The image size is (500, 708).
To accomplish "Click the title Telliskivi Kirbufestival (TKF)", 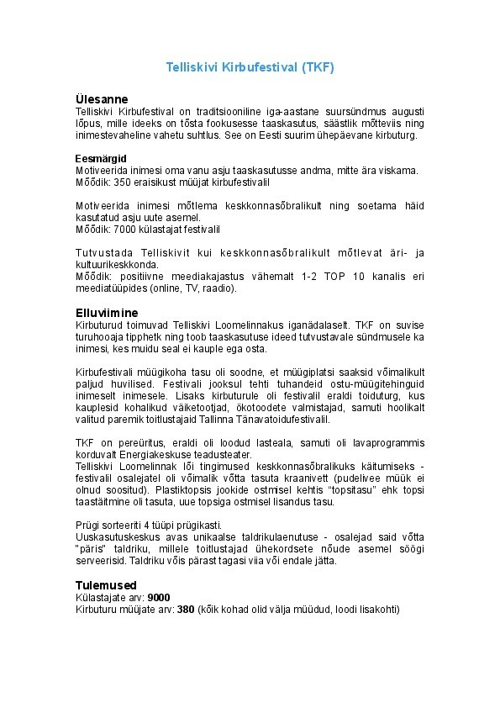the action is [x=250, y=68].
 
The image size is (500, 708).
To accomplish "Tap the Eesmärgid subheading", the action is [x=101, y=158].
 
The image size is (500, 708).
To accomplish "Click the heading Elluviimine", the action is [x=107, y=312].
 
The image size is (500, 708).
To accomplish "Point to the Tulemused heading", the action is [x=106, y=585].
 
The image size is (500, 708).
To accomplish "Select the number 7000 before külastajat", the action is [x=124, y=229].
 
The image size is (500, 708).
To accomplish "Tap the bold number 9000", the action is [x=159, y=598].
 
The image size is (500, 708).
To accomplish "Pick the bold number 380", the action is [x=186, y=610].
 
